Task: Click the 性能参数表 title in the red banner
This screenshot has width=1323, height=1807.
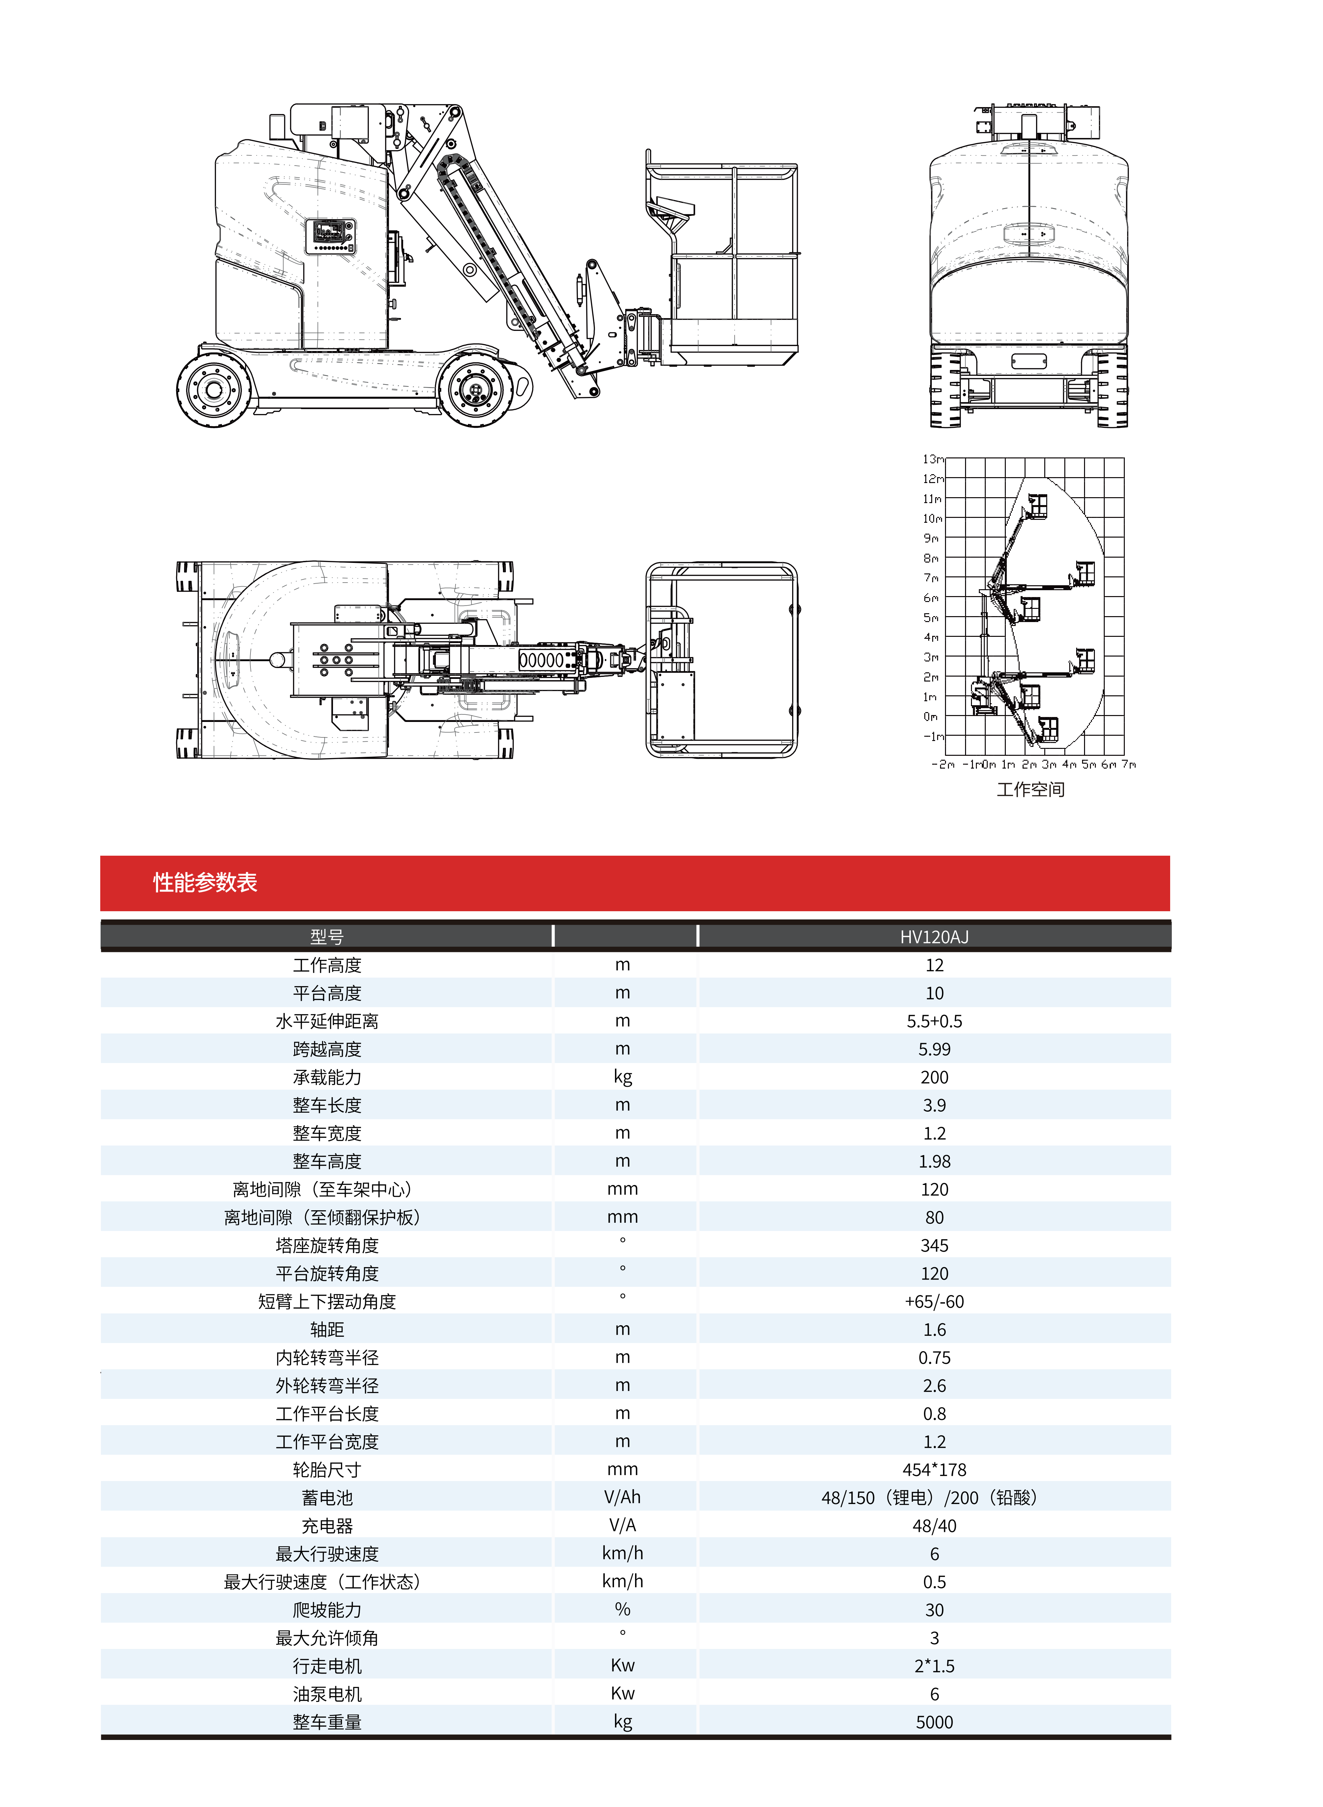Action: point(205,882)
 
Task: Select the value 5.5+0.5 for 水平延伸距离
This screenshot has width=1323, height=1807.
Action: point(934,1021)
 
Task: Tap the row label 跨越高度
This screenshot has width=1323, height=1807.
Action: point(327,1049)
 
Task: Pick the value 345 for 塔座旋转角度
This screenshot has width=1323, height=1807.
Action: point(934,1245)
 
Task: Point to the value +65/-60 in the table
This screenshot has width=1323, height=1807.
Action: point(934,1301)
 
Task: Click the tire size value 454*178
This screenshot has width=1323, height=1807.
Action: point(934,1469)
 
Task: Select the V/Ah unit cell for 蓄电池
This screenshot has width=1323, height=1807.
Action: point(622,1497)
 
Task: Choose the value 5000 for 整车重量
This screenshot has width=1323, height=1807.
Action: point(934,1721)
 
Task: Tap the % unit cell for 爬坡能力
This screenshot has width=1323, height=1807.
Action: point(622,1609)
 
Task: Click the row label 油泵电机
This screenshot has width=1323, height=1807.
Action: point(327,1693)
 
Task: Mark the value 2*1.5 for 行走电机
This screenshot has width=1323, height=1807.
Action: point(934,1665)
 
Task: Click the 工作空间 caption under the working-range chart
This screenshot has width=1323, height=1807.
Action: point(1030,789)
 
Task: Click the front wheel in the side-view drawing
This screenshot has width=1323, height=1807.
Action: point(476,390)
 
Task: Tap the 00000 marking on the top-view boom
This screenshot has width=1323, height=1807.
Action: point(541,660)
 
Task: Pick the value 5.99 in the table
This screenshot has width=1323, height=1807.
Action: point(934,1049)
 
